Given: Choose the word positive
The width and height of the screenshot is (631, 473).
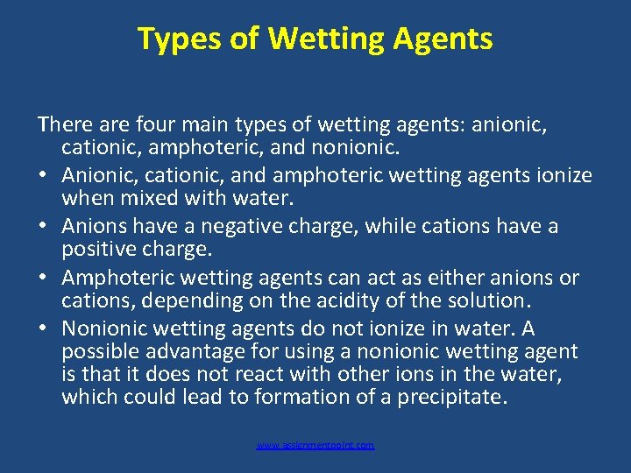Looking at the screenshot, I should point(96,250).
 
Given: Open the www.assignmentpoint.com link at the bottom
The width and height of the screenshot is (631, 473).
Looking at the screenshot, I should point(315,446).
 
